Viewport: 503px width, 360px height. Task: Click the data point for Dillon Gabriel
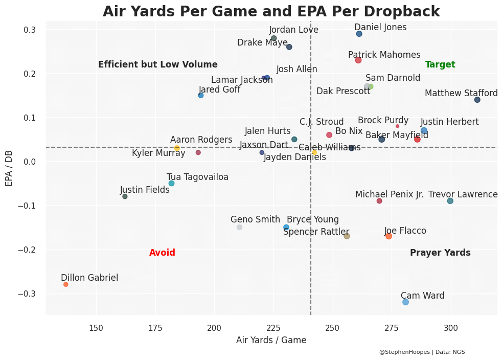(65, 284)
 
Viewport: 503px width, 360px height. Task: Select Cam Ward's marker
(405, 302)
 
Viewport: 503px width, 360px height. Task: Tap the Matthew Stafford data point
(477, 100)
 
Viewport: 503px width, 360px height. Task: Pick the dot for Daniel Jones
(359, 34)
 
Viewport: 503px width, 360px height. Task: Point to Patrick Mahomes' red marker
(358, 60)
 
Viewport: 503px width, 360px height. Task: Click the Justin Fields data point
(125, 196)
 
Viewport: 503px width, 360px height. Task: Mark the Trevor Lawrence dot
(450, 201)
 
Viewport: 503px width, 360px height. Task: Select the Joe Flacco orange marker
(388, 236)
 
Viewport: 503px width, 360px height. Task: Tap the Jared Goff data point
(201, 96)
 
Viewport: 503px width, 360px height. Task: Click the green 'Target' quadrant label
(440, 65)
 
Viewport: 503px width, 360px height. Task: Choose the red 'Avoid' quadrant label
(162, 253)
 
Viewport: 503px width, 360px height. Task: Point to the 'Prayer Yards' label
(440, 253)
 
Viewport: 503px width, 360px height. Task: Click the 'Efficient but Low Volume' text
(158, 65)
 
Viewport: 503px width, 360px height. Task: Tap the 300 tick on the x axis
(451, 327)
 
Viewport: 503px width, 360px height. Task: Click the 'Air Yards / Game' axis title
(271, 341)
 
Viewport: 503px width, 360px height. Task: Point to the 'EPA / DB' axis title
(9, 168)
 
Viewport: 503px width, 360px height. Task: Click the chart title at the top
(271, 12)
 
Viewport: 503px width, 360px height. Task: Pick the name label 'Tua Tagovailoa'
(197, 177)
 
